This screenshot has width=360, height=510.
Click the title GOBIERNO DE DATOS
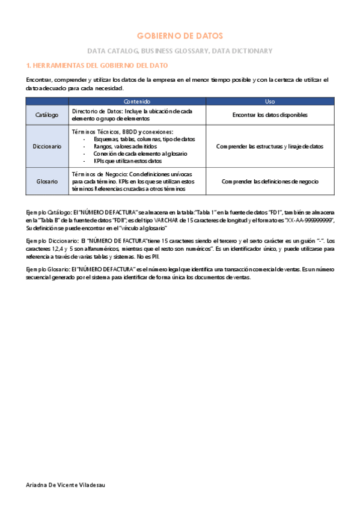tap(180, 36)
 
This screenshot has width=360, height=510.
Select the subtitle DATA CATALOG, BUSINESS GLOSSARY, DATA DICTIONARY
tap(180, 51)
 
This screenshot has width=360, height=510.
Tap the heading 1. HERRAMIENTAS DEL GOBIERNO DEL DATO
tap(97, 65)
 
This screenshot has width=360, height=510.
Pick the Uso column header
tap(270, 101)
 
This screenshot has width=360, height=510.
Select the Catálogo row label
tap(47, 114)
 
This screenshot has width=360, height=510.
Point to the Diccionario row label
tap(47, 146)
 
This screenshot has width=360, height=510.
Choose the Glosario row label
tap(47, 181)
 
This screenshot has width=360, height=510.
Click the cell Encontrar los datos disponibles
tap(270, 114)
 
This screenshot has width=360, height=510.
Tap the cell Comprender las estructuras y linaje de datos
tap(270, 146)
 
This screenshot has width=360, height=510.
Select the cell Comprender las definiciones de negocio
tap(270, 181)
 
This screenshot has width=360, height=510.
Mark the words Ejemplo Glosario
tap(47, 270)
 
